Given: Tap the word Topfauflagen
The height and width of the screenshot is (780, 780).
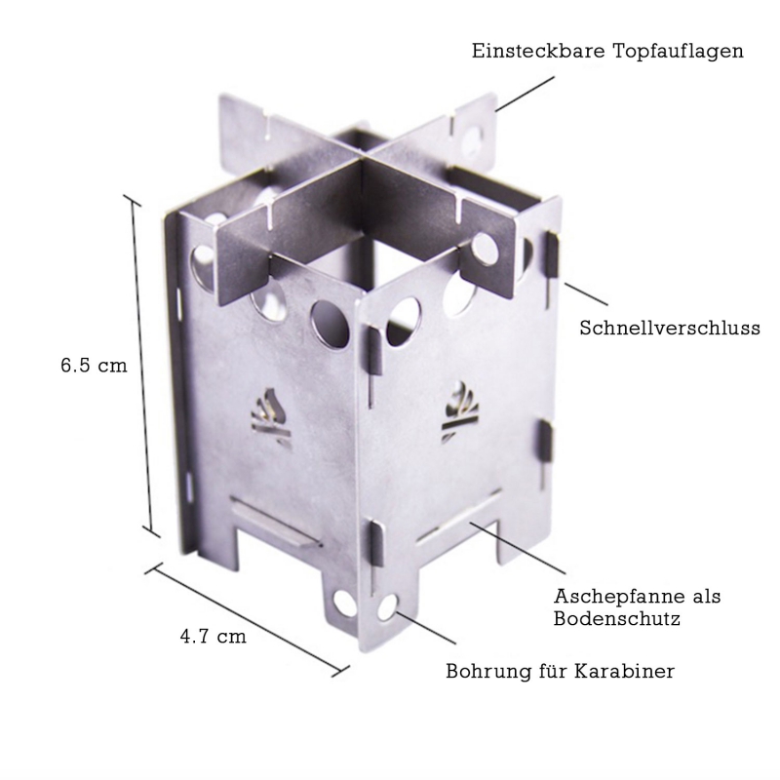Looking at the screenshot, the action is pyautogui.click(x=678, y=52).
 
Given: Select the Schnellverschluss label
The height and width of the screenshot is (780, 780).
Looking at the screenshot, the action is pyautogui.click(x=670, y=328).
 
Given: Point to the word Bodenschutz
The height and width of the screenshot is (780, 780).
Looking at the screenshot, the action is pyautogui.click(x=617, y=619).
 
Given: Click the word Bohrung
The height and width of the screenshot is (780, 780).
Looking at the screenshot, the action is pyautogui.click(x=488, y=672).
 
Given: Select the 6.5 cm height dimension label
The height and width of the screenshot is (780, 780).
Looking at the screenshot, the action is pyautogui.click(x=94, y=366).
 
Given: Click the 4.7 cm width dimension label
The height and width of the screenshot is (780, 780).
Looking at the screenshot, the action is pyautogui.click(x=213, y=637).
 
